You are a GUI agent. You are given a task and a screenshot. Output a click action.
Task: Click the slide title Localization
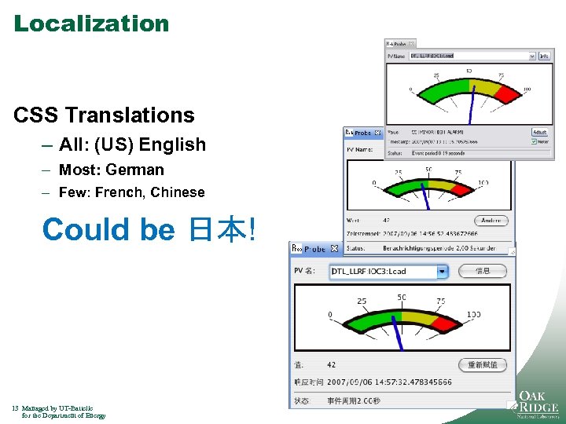pyautogui.click(x=91, y=24)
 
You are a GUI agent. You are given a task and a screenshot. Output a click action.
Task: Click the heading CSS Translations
pyautogui.click(x=104, y=115)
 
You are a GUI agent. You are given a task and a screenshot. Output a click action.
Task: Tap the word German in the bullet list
pyautogui.click(x=134, y=170)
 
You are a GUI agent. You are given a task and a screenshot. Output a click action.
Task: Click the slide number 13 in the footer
pyautogui.click(x=16, y=408)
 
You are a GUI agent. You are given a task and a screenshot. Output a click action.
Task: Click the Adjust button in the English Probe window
pyautogui.click(x=539, y=133)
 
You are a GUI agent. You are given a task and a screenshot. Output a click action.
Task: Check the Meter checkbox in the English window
pyautogui.click(x=535, y=142)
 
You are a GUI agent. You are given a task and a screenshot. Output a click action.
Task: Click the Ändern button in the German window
pyautogui.click(x=491, y=221)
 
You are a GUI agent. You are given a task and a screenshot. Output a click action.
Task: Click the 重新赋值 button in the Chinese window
pyautogui.click(x=482, y=365)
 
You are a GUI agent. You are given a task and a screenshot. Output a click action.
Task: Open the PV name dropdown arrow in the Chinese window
pyautogui.click(x=442, y=272)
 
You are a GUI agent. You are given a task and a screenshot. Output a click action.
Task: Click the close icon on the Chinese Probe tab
pyautogui.click(x=334, y=249)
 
